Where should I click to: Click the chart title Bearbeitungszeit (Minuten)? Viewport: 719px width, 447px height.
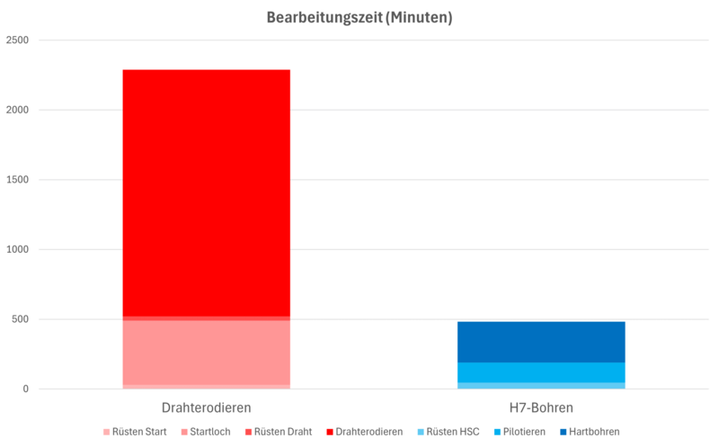359,17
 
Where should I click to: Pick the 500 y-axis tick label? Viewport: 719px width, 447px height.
19,319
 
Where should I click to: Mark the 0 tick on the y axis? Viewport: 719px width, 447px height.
25,389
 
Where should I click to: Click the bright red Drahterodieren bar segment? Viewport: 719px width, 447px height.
206,192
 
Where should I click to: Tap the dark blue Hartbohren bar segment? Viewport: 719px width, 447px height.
540,342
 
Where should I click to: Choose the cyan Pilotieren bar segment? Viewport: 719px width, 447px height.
540,372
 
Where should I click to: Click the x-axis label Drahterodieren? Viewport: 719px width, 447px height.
206,407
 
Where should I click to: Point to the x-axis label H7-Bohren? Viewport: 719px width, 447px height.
540,407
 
